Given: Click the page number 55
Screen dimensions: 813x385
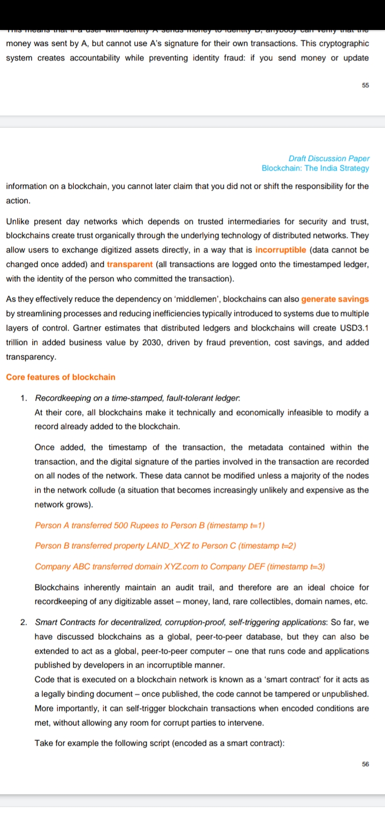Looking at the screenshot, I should [365, 85].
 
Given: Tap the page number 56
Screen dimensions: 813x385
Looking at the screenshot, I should [365, 764].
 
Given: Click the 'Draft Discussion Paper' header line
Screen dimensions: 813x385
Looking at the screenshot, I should [328, 158].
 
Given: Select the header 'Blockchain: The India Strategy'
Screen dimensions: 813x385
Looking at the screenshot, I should [315, 168].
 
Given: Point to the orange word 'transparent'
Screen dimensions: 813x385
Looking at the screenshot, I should [129, 264].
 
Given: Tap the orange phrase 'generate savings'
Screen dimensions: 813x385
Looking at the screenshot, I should [335, 299].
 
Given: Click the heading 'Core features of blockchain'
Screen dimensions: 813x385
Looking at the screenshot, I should [60, 377].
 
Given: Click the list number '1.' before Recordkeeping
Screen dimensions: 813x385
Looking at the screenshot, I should [24, 398].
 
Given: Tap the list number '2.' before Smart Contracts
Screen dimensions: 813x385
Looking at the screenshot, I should [24, 623].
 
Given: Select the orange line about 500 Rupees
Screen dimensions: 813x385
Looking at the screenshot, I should [150, 526].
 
